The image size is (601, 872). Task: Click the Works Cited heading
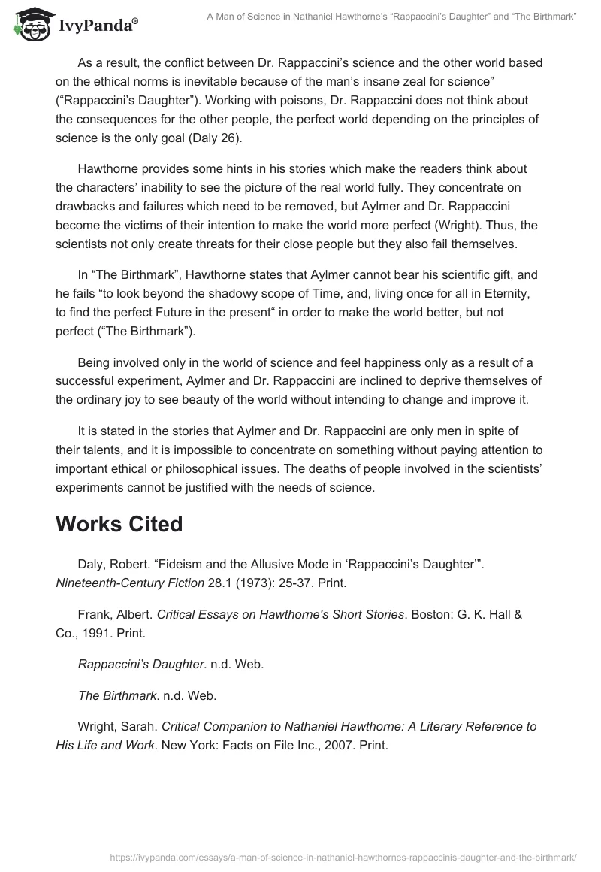coord(119,524)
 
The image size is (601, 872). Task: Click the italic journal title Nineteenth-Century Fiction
coord(130,582)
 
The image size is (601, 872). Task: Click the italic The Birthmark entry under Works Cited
coord(118,696)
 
